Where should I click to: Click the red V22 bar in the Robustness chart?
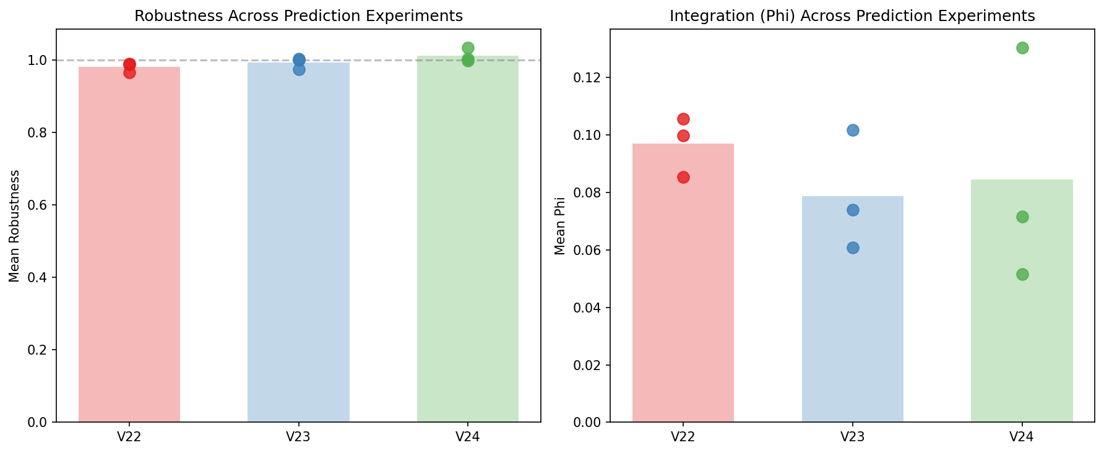(x=129, y=248)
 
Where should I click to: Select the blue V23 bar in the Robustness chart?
(x=298, y=248)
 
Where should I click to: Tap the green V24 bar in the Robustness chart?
(x=468, y=248)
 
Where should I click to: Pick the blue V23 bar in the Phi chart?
(x=853, y=309)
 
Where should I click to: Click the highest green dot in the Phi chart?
(x=1022, y=48)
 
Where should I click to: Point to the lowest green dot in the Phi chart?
(x=1022, y=274)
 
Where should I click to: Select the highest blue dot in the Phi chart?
(x=853, y=130)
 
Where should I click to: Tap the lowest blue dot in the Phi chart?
(x=853, y=248)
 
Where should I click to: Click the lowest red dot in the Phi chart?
(x=683, y=177)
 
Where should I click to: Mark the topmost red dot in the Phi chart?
(x=683, y=119)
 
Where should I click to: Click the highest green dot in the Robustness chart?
(x=468, y=48)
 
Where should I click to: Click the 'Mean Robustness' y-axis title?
(x=15, y=226)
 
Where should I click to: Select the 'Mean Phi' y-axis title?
(x=561, y=226)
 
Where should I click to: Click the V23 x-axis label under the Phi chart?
(x=853, y=437)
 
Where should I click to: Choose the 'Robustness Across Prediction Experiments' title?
(x=298, y=16)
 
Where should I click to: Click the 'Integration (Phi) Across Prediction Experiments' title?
(x=852, y=16)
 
